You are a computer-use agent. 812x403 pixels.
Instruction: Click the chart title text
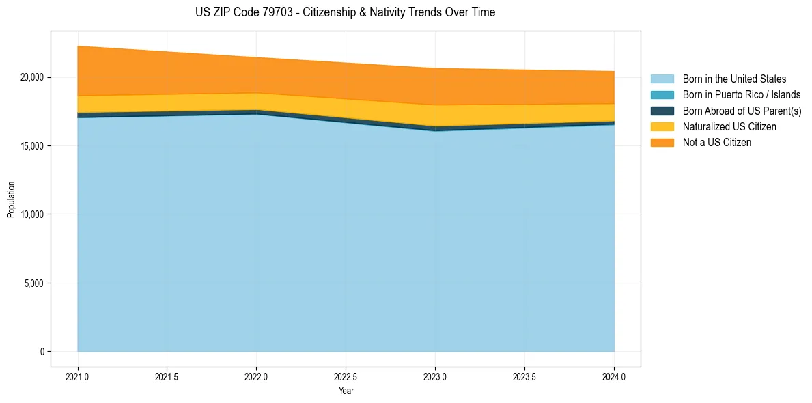pyautogui.click(x=345, y=12)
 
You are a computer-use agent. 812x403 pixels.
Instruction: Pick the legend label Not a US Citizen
pyautogui.click(x=716, y=143)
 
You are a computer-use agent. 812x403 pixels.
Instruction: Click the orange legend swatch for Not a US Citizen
pyautogui.click(x=662, y=143)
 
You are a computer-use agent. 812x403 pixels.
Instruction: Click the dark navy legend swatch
pyautogui.click(x=662, y=111)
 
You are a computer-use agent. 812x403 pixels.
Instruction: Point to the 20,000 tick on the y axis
pyautogui.click(x=31, y=77)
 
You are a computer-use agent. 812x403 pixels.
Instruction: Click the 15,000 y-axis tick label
pyautogui.click(x=31, y=146)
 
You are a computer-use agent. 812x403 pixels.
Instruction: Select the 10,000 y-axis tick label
pyautogui.click(x=31, y=214)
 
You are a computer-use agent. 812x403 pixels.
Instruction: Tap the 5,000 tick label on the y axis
pyautogui.click(x=33, y=283)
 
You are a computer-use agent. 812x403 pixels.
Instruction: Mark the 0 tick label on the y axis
pyautogui.click(x=42, y=352)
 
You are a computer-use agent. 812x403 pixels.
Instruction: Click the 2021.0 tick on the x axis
pyautogui.click(x=78, y=376)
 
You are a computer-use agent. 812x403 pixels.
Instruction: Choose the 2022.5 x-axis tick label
pyautogui.click(x=346, y=376)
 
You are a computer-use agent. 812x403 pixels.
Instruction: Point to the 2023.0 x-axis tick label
pyautogui.click(x=435, y=376)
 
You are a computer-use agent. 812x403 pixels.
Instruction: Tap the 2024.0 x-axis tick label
pyautogui.click(x=614, y=376)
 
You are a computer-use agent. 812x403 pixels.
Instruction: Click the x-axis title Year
pyautogui.click(x=346, y=391)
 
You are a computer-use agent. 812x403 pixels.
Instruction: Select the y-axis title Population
pyautogui.click(x=11, y=199)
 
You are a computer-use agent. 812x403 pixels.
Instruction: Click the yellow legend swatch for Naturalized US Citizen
pyautogui.click(x=662, y=127)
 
